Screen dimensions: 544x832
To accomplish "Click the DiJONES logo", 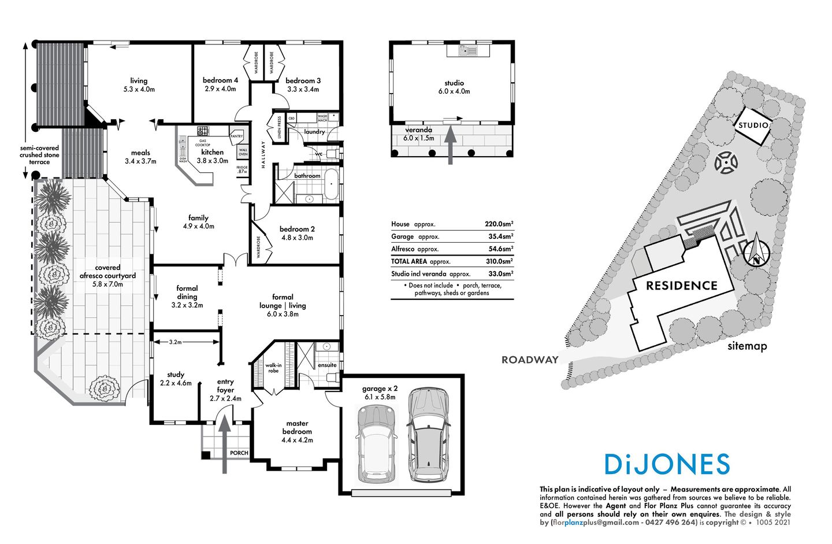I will [x=667, y=464].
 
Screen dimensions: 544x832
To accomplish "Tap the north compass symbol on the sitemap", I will [x=756, y=252].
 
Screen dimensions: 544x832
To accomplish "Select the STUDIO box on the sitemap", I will [x=753, y=125].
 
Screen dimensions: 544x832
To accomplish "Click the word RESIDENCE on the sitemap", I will [x=681, y=286].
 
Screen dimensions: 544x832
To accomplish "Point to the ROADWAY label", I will [x=530, y=360].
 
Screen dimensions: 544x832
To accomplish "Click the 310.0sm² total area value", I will [x=499, y=261].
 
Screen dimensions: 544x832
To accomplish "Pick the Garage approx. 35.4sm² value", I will [x=500, y=236].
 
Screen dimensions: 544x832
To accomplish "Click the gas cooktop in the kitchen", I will [x=202, y=131].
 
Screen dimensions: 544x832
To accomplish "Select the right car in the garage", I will [x=428, y=435].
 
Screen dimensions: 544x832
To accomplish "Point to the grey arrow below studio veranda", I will [x=450, y=146].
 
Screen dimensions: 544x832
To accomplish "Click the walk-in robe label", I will [x=273, y=368].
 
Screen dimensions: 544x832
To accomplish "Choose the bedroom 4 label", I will [x=220, y=80].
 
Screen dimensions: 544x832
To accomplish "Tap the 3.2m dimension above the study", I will [x=175, y=342].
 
